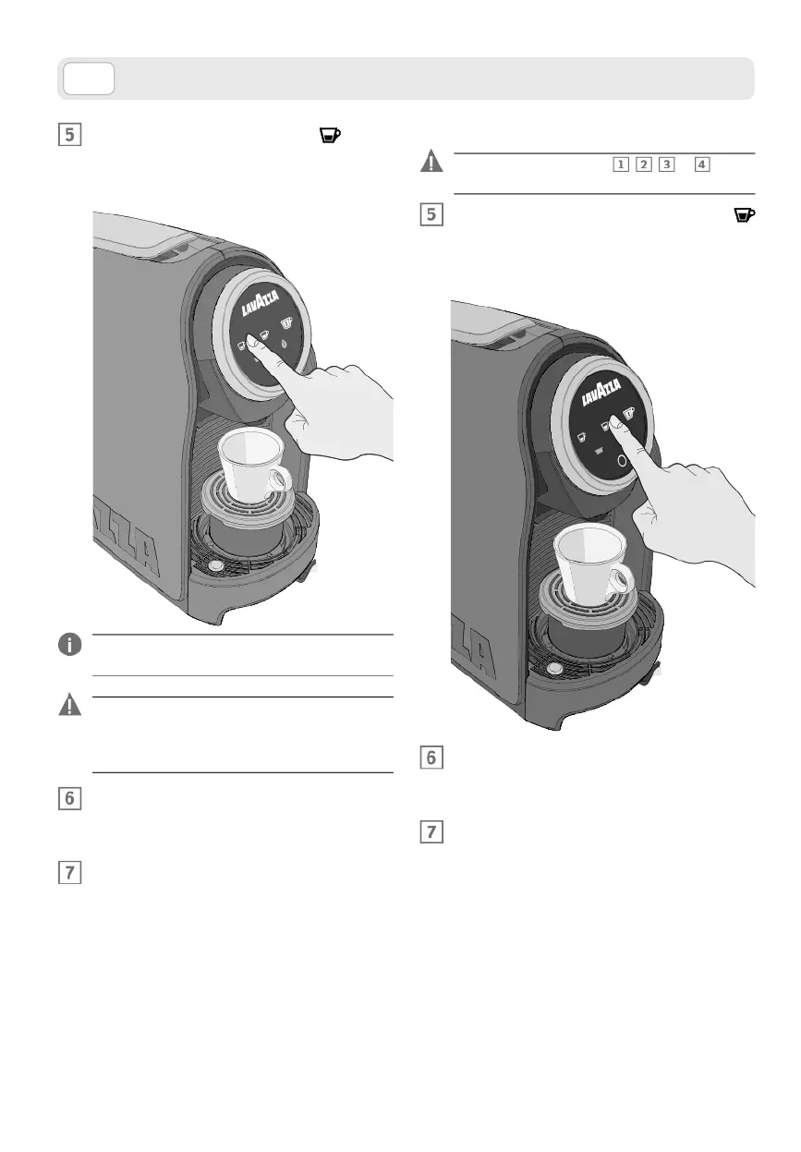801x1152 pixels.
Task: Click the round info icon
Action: (70, 645)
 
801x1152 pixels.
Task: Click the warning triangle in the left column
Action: (70, 706)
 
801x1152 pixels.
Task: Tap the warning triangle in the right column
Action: (431, 163)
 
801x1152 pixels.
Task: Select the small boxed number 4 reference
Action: (702, 164)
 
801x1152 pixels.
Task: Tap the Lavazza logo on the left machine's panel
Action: (262, 304)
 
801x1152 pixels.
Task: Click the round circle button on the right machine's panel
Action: (624, 458)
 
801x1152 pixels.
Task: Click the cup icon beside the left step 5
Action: (330, 136)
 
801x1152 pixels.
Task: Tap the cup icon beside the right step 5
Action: (745, 216)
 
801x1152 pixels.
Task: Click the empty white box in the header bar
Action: (89, 79)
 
